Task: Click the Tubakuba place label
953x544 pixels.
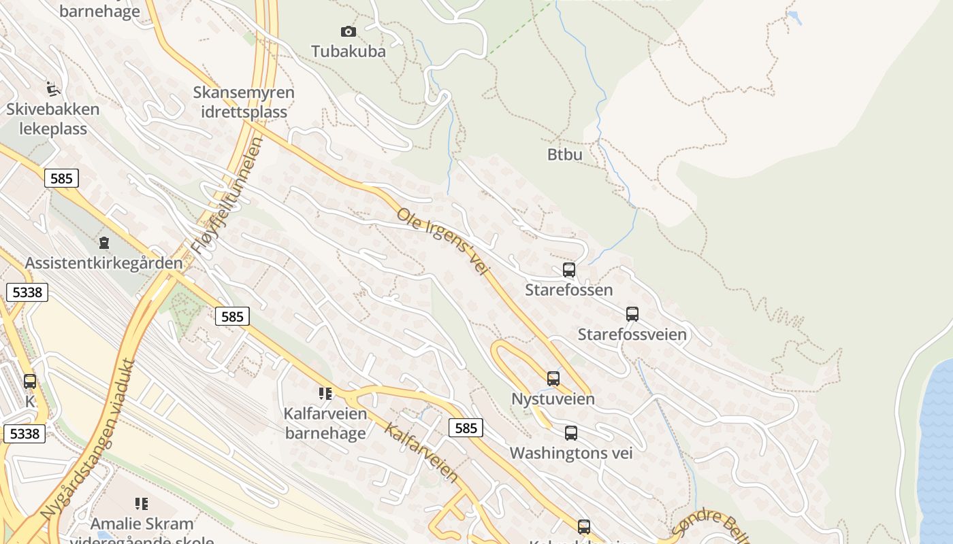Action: [x=348, y=51]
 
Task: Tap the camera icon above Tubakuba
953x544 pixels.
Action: [x=348, y=31]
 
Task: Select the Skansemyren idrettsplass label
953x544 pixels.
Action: [x=244, y=102]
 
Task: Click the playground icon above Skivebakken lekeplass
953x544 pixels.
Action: [x=53, y=88]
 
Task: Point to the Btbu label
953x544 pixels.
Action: [x=564, y=154]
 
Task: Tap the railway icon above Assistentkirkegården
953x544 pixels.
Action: [x=104, y=242]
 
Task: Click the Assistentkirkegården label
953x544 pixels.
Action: [x=103, y=262]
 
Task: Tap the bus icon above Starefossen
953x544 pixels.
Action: [x=569, y=270]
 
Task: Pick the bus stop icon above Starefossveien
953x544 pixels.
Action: [x=632, y=314]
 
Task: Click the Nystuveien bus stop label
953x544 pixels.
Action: [x=553, y=398]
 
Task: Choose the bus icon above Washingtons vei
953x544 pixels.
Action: [x=571, y=432]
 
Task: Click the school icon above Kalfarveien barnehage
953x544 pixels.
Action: [x=325, y=393]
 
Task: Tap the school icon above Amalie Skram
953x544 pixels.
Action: [x=142, y=504]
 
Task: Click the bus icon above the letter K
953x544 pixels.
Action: [x=29, y=381]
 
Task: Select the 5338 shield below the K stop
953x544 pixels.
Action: [x=25, y=433]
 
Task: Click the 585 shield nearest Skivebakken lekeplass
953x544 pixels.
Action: [x=61, y=178]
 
